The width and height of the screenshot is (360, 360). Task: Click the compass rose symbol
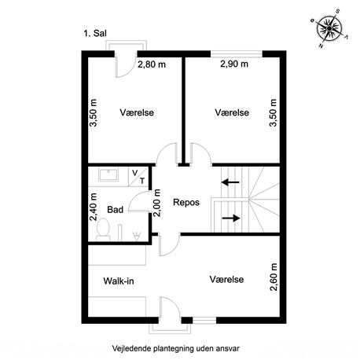[329, 28]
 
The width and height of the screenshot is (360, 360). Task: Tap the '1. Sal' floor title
[95, 33]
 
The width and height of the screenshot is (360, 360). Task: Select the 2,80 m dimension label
[152, 64]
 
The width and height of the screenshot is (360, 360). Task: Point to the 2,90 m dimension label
[234, 64]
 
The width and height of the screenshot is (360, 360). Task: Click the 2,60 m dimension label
[274, 277]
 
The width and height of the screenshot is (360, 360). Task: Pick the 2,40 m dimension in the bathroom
[94, 207]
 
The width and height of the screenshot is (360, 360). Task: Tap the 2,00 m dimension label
[156, 203]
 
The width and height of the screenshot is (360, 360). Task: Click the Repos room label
[186, 202]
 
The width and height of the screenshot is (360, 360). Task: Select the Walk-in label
[119, 281]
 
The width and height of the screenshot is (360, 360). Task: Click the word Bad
[115, 210]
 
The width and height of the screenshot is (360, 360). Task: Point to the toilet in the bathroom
[103, 230]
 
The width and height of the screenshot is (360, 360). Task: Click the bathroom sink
[108, 174]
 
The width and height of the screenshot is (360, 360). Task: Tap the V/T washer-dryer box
[138, 177]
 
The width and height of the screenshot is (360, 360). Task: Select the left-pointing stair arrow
[230, 182]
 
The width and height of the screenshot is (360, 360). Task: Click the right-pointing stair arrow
[231, 218]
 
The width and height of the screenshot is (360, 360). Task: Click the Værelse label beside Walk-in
[226, 279]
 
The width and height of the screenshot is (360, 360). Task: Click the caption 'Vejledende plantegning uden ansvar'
[176, 348]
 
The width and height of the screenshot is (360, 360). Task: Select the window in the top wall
[237, 54]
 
